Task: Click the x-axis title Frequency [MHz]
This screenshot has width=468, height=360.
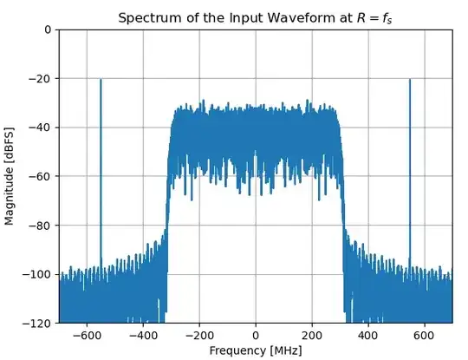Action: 256,350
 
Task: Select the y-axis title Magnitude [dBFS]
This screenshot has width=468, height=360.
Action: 10,176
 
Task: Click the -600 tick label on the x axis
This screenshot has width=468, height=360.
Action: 87,335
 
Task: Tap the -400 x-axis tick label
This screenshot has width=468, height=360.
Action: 143,335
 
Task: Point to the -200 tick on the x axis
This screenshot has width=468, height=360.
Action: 199,335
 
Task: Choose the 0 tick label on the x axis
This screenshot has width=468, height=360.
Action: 256,335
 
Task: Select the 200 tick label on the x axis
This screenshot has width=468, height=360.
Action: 312,335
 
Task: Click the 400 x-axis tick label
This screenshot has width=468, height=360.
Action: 368,335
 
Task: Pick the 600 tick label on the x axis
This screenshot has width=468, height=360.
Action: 424,335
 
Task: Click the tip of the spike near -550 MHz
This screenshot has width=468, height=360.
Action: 101,80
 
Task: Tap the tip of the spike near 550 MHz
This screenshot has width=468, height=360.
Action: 410,80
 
